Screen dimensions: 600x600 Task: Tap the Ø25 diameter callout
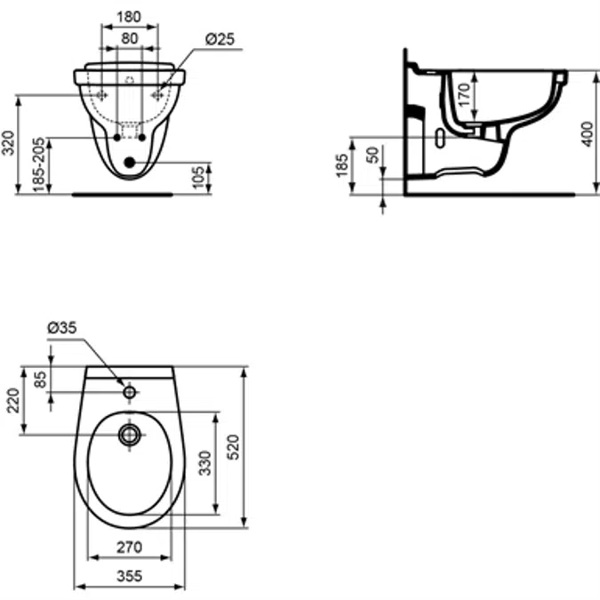tap(220, 38)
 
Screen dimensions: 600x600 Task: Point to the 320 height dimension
tap(10, 141)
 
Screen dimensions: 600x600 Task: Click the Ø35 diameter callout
tap(62, 328)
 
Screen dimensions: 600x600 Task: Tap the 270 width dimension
tap(130, 548)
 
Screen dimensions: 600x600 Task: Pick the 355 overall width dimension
tap(130, 576)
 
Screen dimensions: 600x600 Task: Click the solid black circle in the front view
tap(131, 163)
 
